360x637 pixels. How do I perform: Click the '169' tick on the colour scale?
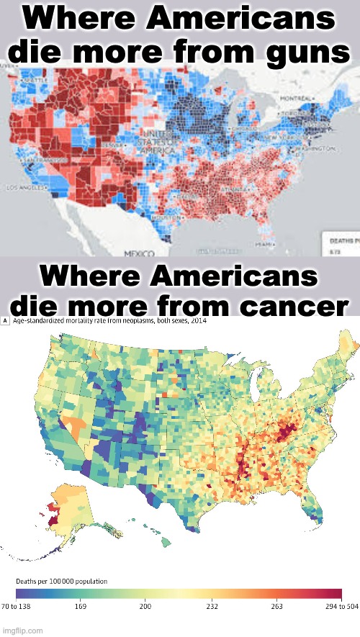tap(79, 607)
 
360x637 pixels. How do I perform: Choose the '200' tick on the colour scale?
tap(145, 607)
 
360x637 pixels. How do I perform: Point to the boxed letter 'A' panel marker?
tap(6, 322)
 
